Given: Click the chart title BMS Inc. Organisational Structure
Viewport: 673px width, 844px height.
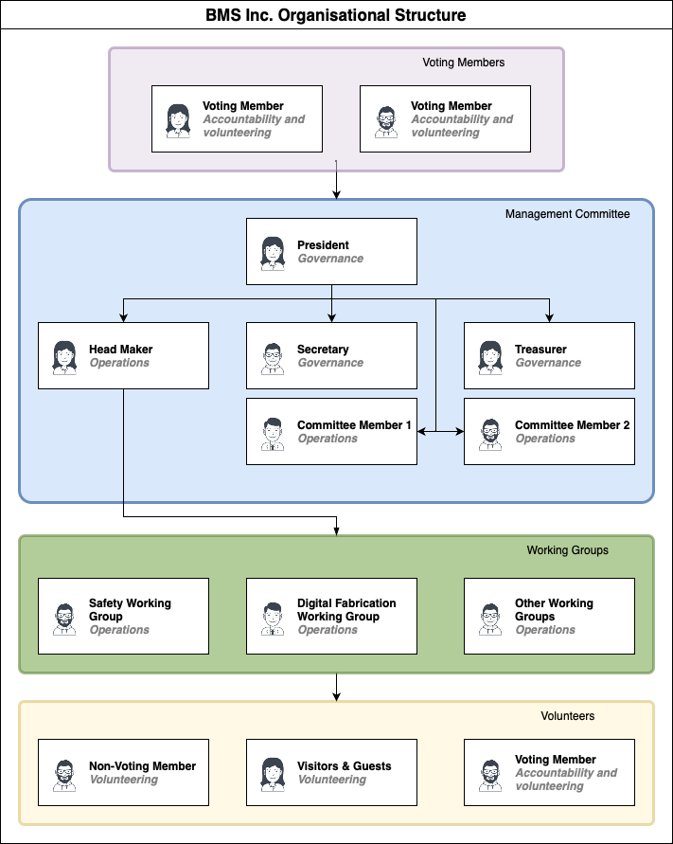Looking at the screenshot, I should pyautogui.click(x=336, y=15).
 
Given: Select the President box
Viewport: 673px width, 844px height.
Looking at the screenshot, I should pyautogui.click(x=331, y=251).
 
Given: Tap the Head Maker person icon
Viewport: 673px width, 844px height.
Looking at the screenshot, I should pyautogui.click(x=65, y=356).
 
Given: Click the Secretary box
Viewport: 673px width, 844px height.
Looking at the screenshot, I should pyautogui.click(x=331, y=355).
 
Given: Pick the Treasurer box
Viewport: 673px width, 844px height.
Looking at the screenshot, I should pyautogui.click(x=549, y=355).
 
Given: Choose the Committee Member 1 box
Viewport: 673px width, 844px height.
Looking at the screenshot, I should pyautogui.click(x=331, y=431).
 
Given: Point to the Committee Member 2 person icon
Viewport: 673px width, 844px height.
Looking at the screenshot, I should pyautogui.click(x=490, y=433).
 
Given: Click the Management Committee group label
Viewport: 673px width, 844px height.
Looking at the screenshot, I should pyautogui.click(x=567, y=214).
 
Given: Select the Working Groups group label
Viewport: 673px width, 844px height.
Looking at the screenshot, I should pyautogui.click(x=567, y=550).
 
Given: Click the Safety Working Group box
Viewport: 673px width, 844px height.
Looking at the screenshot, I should pyautogui.click(x=123, y=616).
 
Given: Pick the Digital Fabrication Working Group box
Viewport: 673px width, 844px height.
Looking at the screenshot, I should pyautogui.click(x=331, y=616).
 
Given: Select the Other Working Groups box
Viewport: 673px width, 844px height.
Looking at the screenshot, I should pyautogui.click(x=549, y=616).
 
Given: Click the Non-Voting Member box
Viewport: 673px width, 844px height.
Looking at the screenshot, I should pyautogui.click(x=123, y=773).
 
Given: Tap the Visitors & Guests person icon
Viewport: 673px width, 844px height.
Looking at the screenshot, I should pyautogui.click(x=273, y=774).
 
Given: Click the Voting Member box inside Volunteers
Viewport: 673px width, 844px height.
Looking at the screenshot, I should pyautogui.click(x=549, y=773).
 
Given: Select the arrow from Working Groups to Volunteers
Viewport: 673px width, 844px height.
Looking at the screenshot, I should pyautogui.click(x=336, y=688).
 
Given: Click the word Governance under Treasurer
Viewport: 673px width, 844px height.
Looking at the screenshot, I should pyautogui.click(x=548, y=363).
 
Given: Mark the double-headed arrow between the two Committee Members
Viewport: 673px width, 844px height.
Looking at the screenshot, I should pyautogui.click(x=440, y=432).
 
